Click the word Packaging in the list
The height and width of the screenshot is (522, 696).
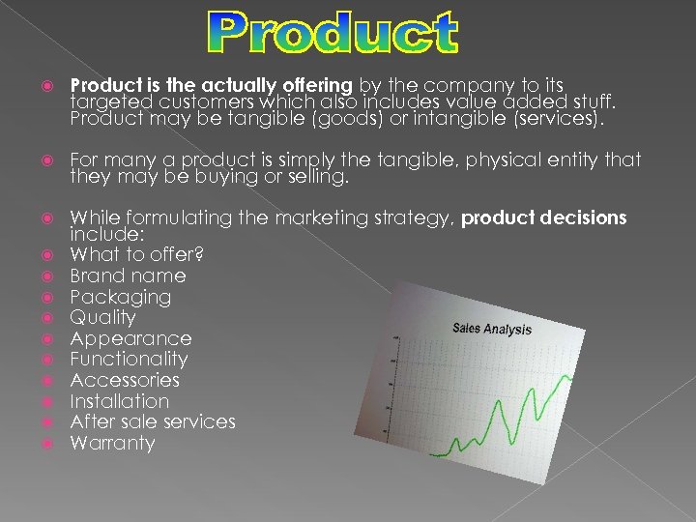click(x=120, y=297)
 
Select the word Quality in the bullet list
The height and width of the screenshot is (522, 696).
click(x=102, y=318)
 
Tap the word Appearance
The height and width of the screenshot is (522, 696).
click(x=130, y=338)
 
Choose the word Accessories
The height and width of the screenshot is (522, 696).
click(x=125, y=380)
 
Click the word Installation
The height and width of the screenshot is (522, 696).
click(x=119, y=401)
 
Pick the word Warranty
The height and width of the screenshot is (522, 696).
click(x=112, y=444)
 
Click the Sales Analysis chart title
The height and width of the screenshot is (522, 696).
click(x=491, y=329)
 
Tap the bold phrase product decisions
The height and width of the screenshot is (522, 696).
click(x=543, y=218)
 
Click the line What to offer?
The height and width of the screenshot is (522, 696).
click(x=136, y=254)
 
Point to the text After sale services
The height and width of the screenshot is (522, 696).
click(x=153, y=421)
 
